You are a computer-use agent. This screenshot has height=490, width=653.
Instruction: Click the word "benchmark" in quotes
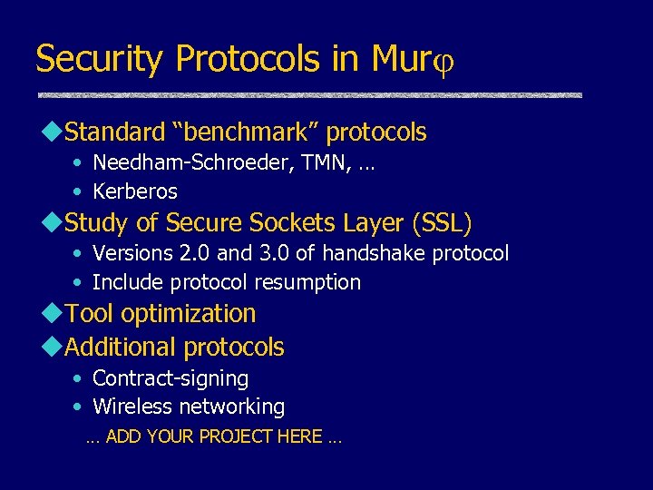pos(246,132)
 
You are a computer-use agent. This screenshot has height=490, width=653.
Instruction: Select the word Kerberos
pos(135,191)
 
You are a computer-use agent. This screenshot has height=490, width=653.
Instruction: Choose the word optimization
pos(188,314)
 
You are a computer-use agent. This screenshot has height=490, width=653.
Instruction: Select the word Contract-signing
pos(171,378)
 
